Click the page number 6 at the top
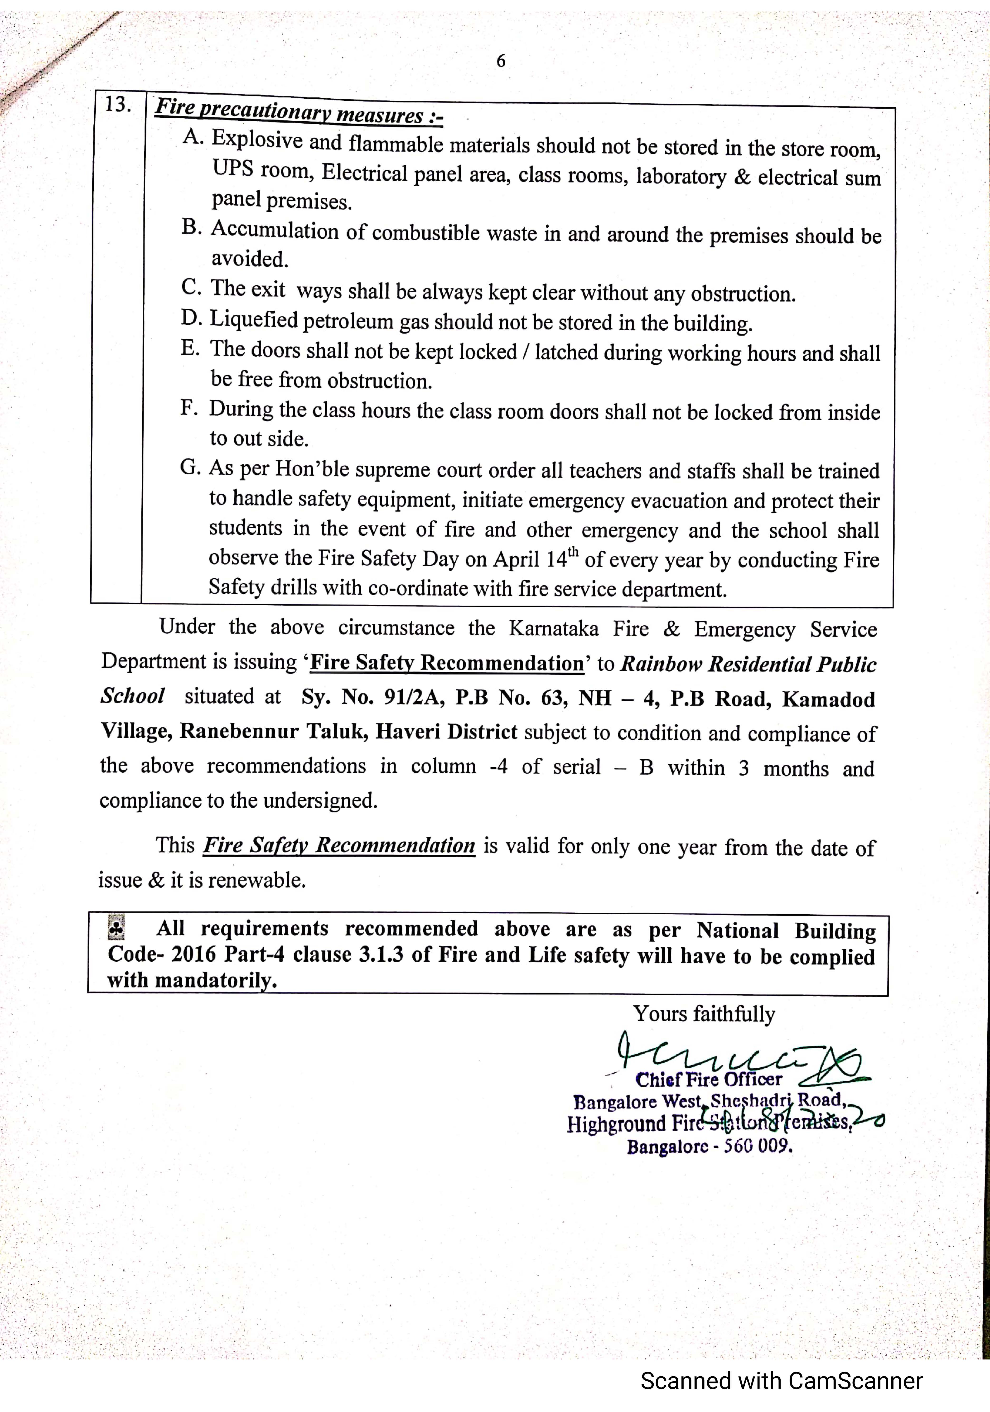coord(501,61)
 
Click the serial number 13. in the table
coord(117,105)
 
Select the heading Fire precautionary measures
coord(299,111)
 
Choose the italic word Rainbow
coord(661,664)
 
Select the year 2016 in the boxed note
coord(194,954)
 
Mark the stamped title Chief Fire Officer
coord(708,1079)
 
